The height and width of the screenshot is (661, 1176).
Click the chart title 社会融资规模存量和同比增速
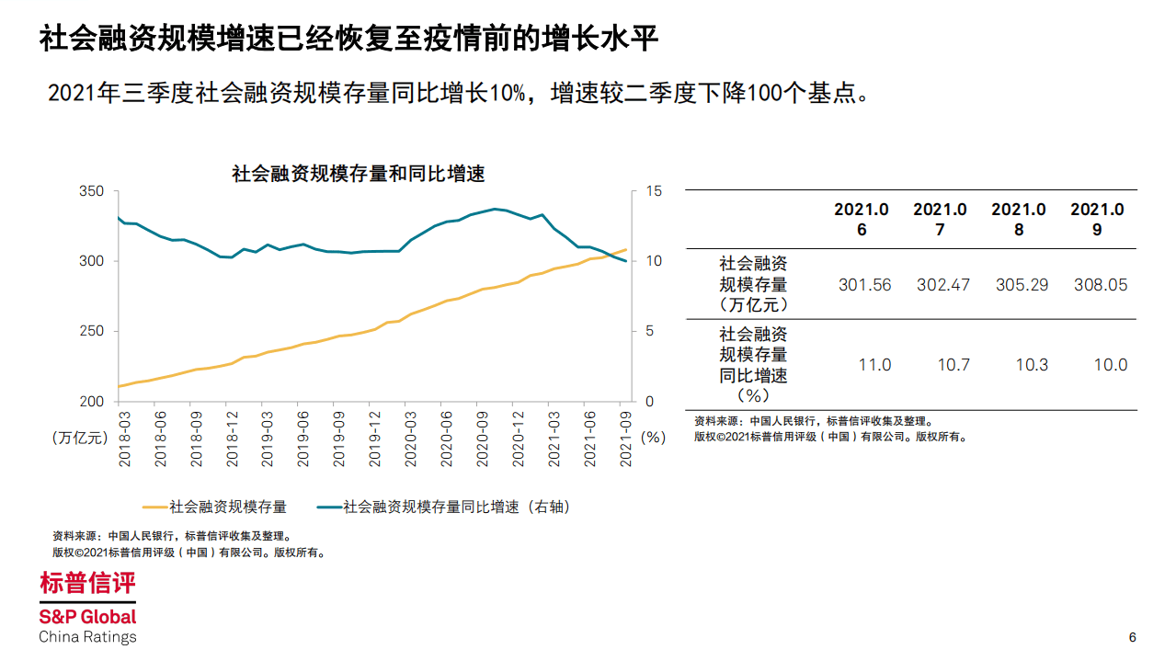point(358,174)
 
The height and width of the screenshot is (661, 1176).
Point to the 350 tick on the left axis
point(93,191)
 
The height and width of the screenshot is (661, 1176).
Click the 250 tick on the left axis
point(93,331)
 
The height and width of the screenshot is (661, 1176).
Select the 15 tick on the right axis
point(653,191)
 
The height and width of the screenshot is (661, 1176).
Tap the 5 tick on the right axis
point(649,331)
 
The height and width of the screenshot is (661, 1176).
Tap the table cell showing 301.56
point(864,285)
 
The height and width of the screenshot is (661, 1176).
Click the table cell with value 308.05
point(1100,285)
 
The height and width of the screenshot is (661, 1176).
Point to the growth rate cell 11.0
point(873,365)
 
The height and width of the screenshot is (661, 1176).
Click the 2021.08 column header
point(1019,220)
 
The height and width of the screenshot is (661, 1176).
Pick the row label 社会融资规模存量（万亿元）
point(753,285)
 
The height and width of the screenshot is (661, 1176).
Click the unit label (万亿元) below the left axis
point(79,438)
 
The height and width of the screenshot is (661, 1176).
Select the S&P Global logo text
point(87,617)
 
